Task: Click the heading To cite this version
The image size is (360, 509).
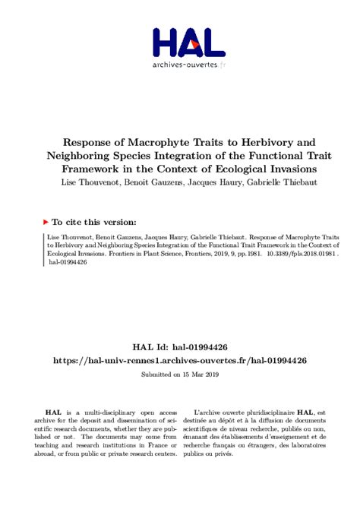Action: (95, 222)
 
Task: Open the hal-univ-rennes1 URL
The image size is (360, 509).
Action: (180, 359)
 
